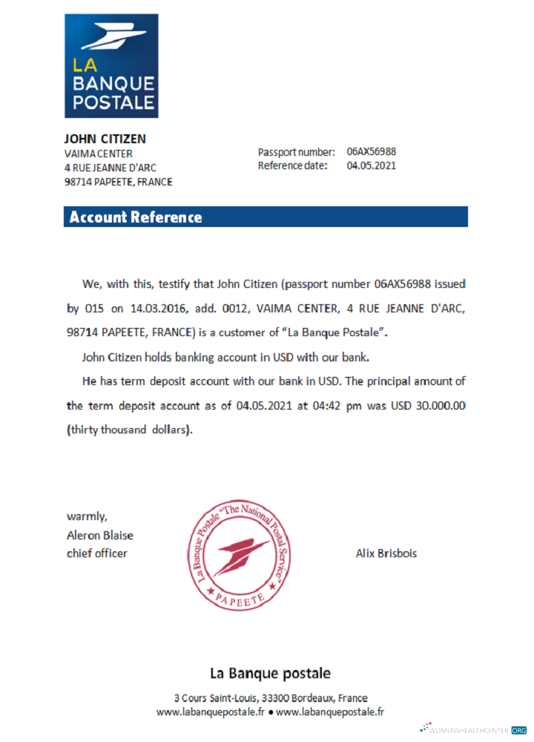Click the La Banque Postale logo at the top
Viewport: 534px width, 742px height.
click(111, 65)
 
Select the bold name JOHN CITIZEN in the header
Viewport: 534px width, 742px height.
click(105, 139)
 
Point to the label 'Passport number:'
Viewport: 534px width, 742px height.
click(296, 152)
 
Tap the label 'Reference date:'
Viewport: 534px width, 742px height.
click(292, 165)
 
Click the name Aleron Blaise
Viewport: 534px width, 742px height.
click(100, 535)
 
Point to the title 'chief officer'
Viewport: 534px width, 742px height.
click(97, 554)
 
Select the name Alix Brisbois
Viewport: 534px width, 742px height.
click(386, 554)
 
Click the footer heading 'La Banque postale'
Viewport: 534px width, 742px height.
click(270, 674)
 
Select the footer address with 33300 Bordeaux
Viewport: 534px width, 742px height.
click(271, 698)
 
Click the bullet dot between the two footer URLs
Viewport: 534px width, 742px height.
click(271, 712)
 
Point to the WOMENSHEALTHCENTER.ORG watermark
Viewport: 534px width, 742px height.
click(474, 730)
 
